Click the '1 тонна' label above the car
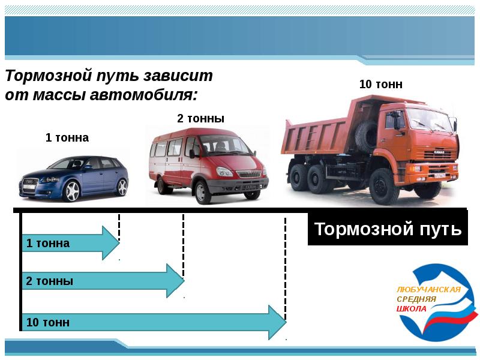[67, 138]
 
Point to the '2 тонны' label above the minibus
[200, 119]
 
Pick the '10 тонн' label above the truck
[380, 85]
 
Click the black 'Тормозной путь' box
[388, 229]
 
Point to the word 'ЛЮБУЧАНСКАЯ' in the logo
[428, 289]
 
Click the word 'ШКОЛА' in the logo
[412, 308]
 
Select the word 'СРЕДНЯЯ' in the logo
[416, 299]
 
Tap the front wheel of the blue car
[71, 191]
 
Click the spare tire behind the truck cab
[365, 135]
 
